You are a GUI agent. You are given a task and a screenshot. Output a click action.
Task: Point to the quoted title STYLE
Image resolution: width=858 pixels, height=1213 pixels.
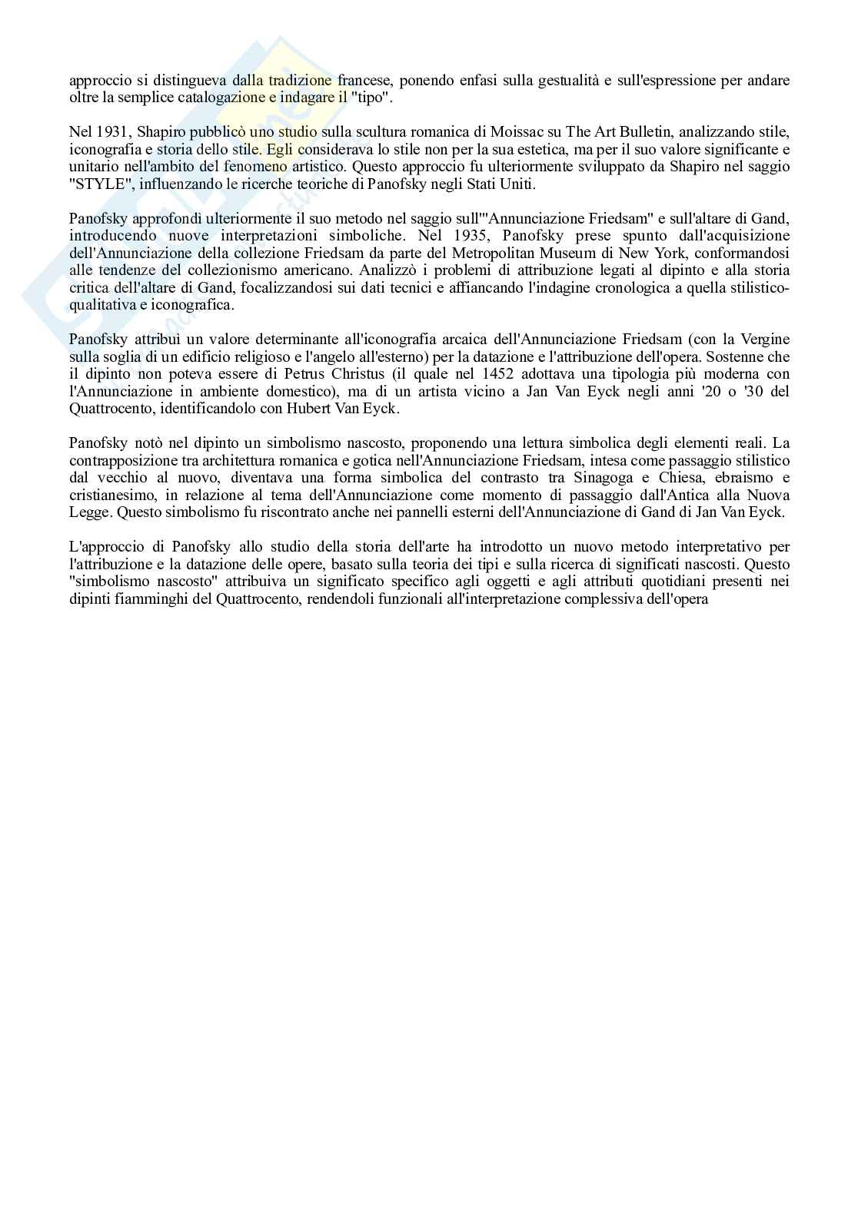click(x=95, y=184)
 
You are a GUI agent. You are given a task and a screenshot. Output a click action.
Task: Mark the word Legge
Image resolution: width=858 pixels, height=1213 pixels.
click(x=89, y=512)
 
